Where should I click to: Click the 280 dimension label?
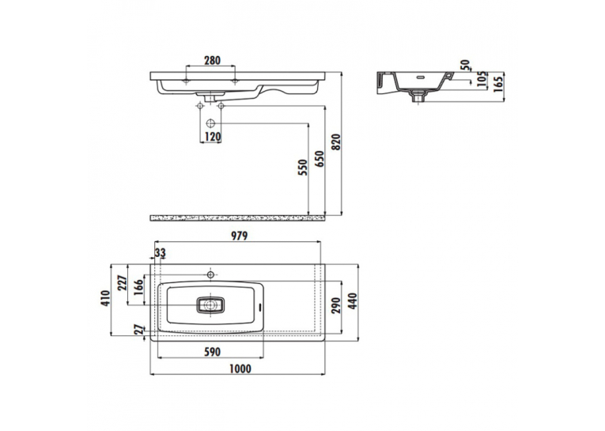212,60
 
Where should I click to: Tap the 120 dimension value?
213,137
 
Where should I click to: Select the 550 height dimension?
304,168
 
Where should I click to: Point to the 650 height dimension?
320,159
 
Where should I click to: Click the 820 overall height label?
336,142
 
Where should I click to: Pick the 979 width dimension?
239,236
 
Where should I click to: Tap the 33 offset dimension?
160,253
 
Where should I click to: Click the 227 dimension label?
123,285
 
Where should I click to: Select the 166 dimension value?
138,287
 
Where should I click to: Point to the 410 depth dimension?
106,297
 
